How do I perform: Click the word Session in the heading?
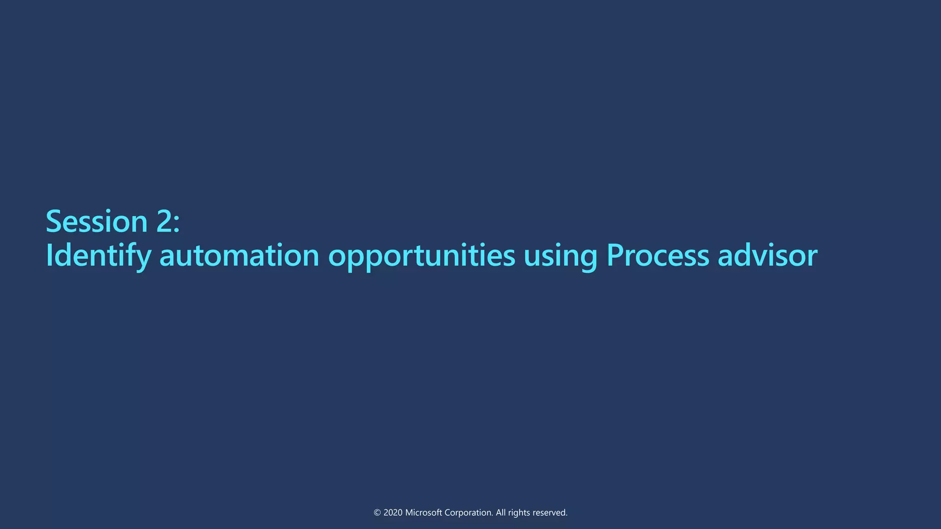[96, 221]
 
